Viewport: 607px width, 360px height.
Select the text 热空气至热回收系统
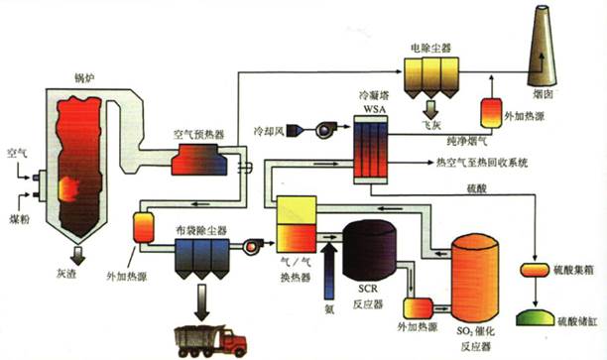tap(484, 162)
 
